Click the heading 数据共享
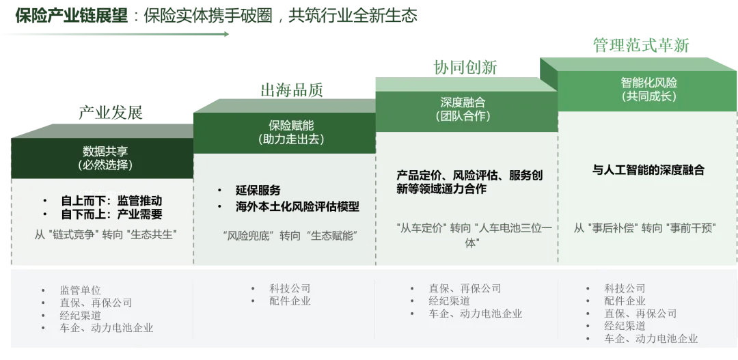pos(105,152)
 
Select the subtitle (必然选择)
pos(105,165)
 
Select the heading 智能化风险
pos(648,83)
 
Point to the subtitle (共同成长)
pos(648,96)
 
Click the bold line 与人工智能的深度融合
pos(648,170)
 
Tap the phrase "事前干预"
pos(690,228)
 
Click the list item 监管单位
pos(80,290)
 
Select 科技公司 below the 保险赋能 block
pos(290,288)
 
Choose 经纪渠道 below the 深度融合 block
pos(449,301)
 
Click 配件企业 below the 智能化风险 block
pos(625,301)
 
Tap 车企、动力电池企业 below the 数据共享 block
pos(107,328)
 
